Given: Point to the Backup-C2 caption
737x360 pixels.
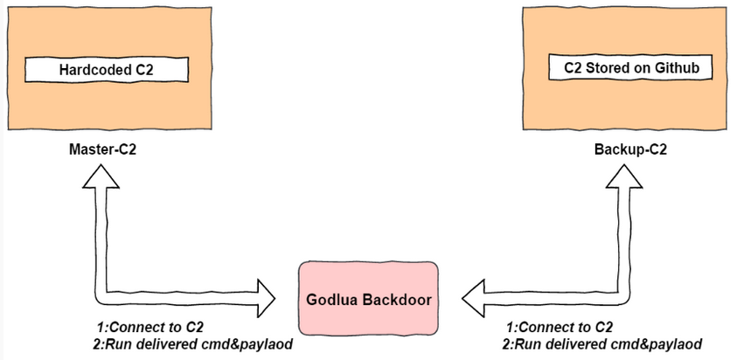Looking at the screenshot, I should click(630, 149).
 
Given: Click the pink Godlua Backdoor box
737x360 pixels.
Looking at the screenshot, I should click(368, 298).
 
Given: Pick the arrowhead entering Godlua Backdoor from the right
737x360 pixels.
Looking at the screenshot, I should click(474, 298).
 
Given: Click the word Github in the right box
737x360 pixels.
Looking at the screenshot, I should click(678, 66).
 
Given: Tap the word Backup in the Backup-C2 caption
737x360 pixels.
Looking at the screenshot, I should click(618, 149).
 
